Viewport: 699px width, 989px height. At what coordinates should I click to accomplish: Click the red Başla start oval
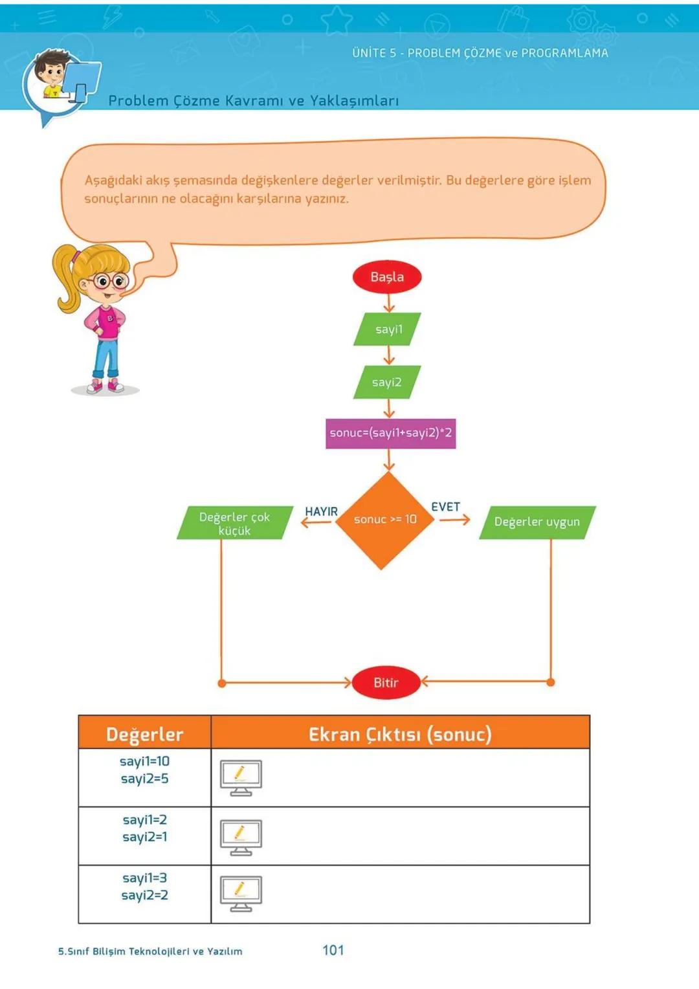pos(387,277)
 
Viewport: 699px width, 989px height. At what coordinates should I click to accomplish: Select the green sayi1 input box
pos(388,329)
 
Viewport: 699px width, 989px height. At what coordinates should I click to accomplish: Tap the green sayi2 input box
pos(387,382)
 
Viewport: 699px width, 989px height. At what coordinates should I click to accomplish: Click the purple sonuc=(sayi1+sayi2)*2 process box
pos(390,433)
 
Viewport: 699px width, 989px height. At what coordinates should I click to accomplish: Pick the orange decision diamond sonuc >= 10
pos(384,520)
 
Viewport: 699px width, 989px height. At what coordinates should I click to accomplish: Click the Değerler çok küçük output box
pos(234,523)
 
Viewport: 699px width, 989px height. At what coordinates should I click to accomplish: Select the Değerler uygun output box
pos(537,522)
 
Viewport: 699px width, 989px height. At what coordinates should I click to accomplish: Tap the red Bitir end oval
pos(386,682)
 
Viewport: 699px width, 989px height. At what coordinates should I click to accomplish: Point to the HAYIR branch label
pos(321,511)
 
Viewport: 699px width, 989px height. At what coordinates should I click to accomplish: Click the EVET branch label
pos(445,507)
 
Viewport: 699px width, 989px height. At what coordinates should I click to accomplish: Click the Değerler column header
pos(144,733)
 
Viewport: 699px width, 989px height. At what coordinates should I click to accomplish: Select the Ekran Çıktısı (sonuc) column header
pos(400,733)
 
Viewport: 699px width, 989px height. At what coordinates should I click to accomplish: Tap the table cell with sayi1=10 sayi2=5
pos(144,777)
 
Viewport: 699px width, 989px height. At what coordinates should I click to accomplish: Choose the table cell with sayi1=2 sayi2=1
pos(144,835)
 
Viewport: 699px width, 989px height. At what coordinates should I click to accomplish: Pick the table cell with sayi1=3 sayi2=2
pos(144,893)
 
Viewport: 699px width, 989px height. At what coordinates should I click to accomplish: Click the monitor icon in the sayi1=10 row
pos(241,777)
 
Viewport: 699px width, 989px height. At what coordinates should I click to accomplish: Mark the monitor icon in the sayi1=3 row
pos(241,893)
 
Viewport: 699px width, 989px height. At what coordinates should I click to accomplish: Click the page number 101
pos(333,950)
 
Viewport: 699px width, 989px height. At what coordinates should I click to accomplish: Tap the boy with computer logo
pos(63,84)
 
